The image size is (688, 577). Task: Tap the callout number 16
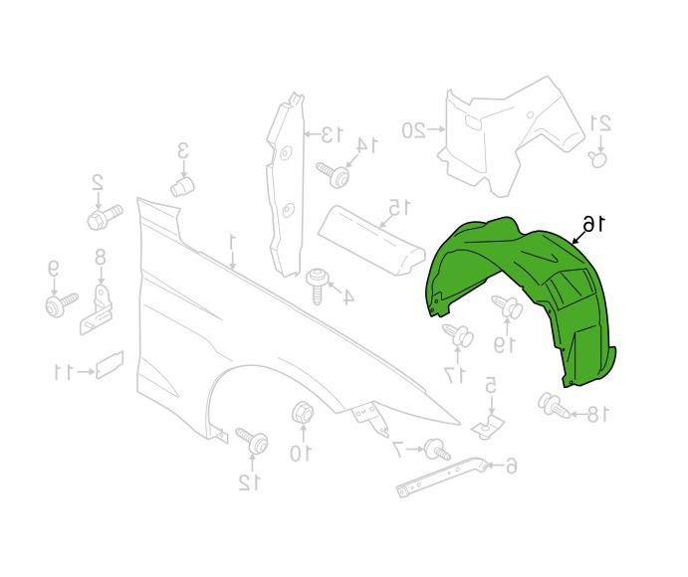pos(593,224)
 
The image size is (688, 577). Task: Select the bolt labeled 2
pos(105,218)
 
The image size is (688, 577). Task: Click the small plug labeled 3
pos(182,186)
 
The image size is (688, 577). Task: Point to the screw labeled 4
pos(318,286)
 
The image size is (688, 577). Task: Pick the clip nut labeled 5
pos(489,426)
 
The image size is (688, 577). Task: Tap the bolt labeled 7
pos(437,450)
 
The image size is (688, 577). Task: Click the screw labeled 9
pos(62,303)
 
